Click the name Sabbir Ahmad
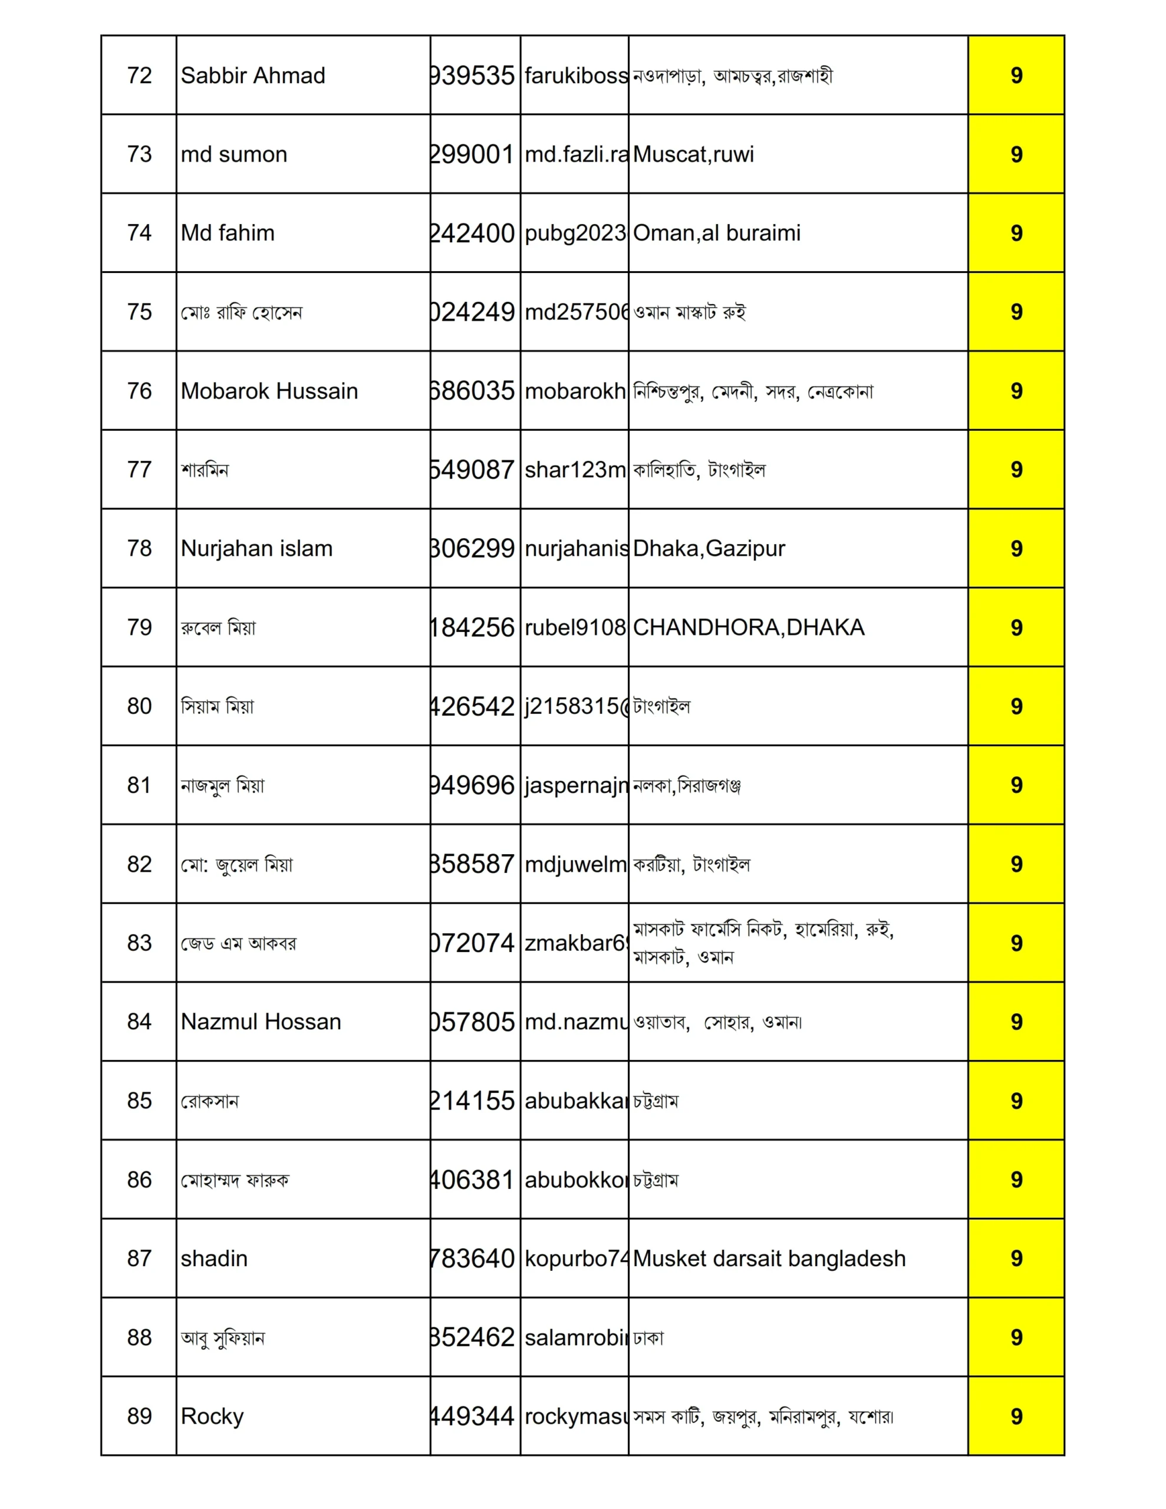click(x=252, y=75)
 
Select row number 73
click(x=139, y=154)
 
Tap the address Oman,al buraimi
click(x=716, y=233)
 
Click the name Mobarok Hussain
click(x=269, y=391)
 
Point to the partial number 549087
click(x=474, y=470)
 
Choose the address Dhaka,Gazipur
click(x=709, y=549)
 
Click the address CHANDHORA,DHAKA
click(x=748, y=627)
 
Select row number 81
click(x=139, y=785)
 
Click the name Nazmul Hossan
click(x=261, y=1022)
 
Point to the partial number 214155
click(x=474, y=1101)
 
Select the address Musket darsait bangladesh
click(x=769, y=1258)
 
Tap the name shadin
click(x=213, y=1258)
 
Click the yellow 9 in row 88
click(x=1015, y=1337)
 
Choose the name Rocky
click(x=212, y=1416)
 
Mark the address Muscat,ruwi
click(x=693, y=154)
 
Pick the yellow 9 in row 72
click(x=1015, y=75)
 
